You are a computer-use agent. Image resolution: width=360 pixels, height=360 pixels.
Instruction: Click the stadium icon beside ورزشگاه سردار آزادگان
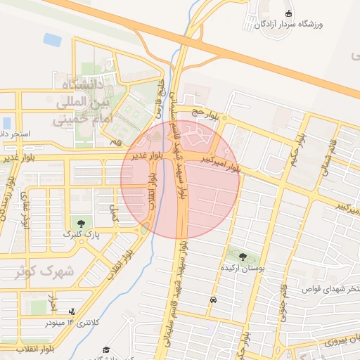tap(288, 13)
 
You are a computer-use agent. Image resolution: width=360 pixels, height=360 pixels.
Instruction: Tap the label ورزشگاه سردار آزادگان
tap(312, 25)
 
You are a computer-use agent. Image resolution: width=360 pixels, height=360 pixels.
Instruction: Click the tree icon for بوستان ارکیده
tap(243, 257)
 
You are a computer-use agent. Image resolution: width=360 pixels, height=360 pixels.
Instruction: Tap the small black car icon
tap(212, 300)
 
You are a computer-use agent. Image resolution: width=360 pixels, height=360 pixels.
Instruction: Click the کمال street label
tap(117, 209)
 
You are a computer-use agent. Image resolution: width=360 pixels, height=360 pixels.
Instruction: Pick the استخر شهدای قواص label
tap(330, 289)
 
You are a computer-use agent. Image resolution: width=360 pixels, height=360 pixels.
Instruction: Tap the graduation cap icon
tap(106, 349)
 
